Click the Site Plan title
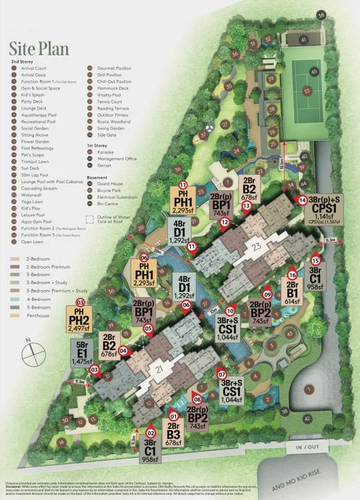37,49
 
